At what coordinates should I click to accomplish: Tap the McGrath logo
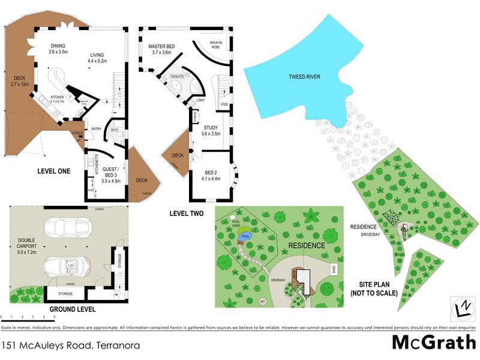(x=431, y=343)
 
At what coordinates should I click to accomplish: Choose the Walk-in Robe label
(x=217, y=44)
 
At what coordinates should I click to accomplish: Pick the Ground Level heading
(x=72, y=310)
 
